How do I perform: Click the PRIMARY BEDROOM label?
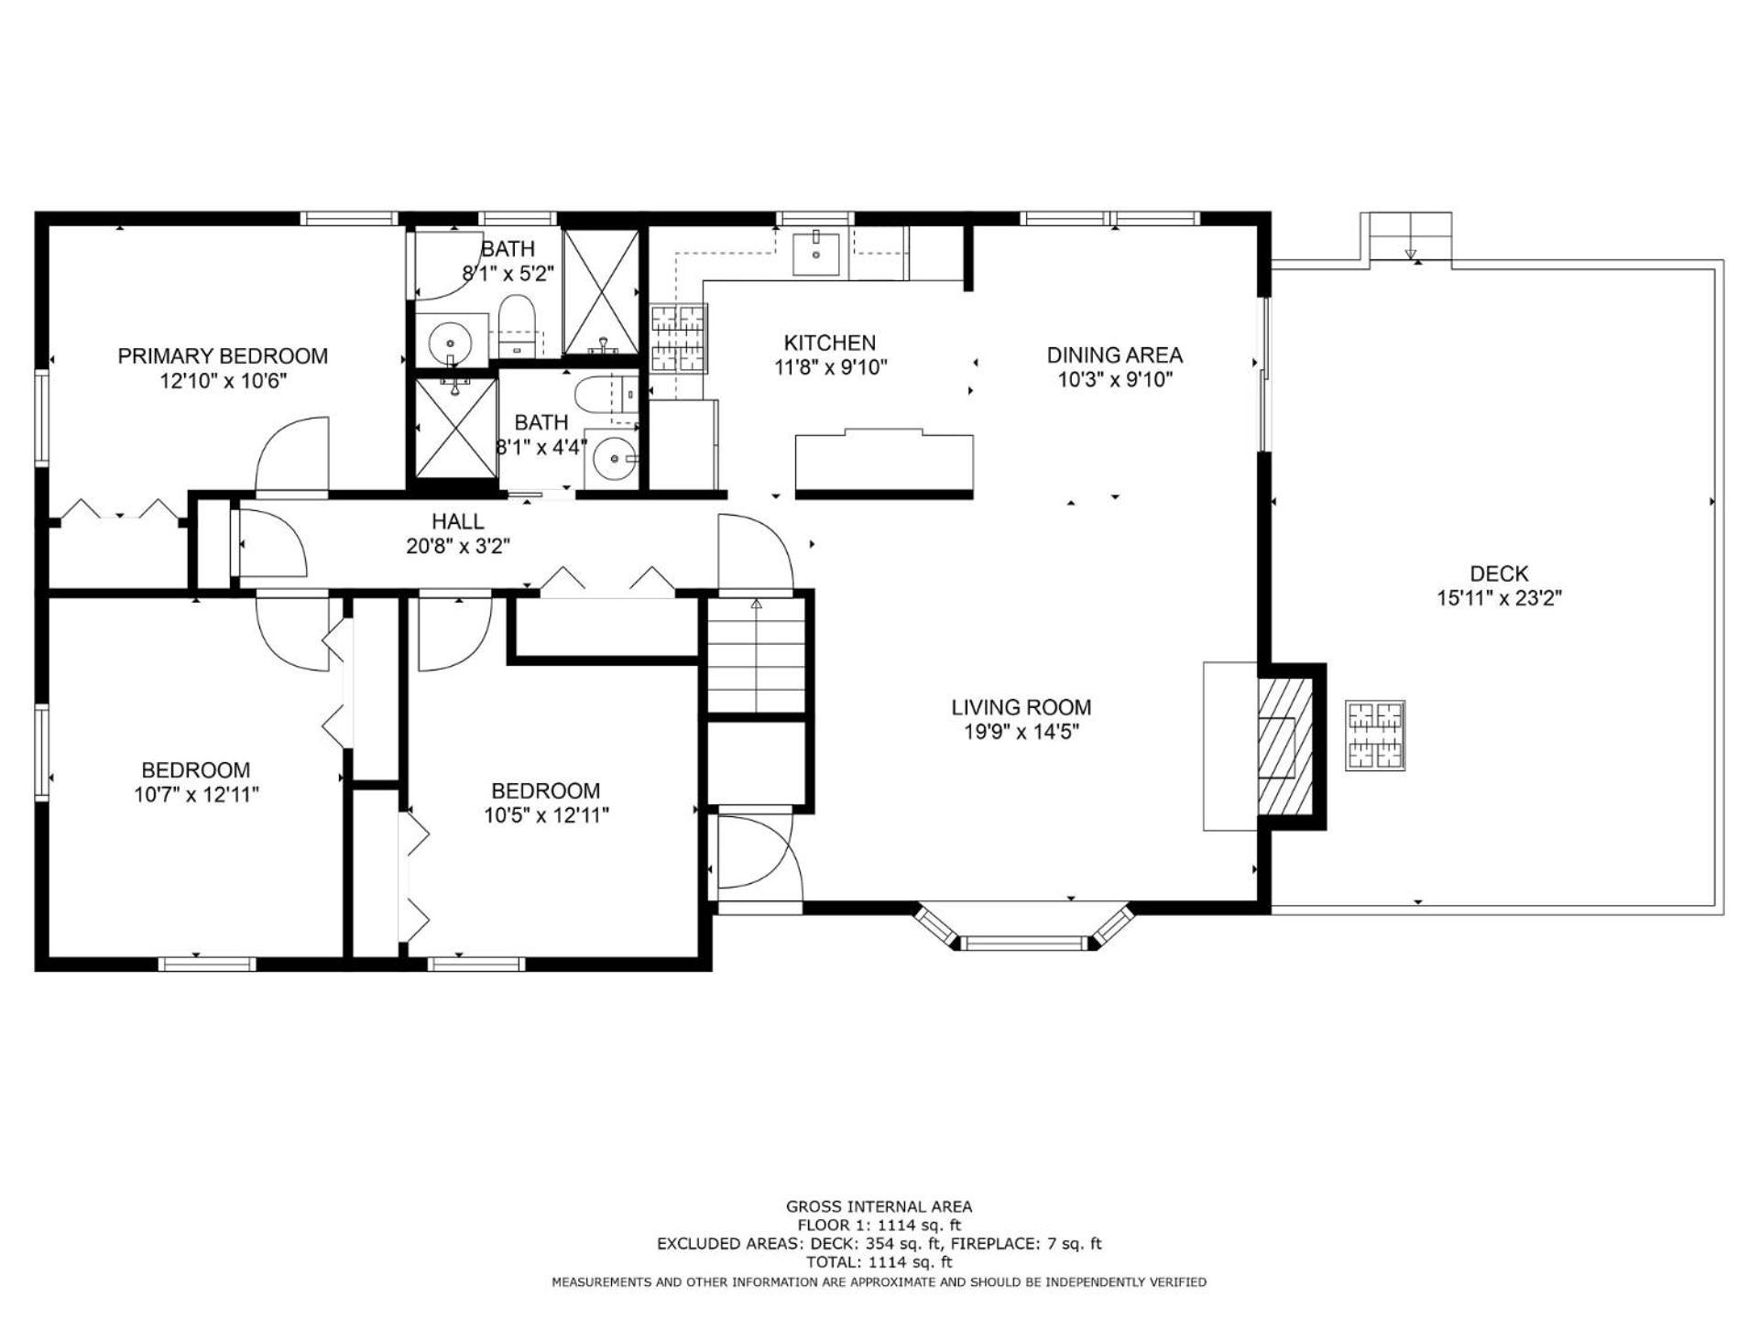pyautogui.click(x=223, y=355)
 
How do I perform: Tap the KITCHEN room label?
pyautogui.click(x=830, y=343)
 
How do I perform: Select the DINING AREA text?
pyautogui.click(x=1115, y=354)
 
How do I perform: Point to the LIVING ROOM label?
pyautogui.click(x=1022, y=707)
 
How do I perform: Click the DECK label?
pyautogui.click(x=1499, y=573)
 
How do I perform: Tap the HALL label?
pyautogui.click(x=458, y=521)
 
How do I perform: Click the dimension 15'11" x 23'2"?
pyautogui.click(x=1499, y=598)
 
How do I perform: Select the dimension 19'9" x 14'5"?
pyautogui.click(x=1022, y=732)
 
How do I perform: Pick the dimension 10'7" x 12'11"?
pyautogui.click(x=196, y=794)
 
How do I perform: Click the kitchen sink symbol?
pyautogui.click(x=816, y=254)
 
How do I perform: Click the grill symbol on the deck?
pyautogui.click(x=1375, y=736)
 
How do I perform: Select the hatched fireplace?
pyautogui.click(x=1285, y=747)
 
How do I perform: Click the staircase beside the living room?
pyautogui.click(x=757, y=655)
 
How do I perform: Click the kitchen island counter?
pyautogui.click(x=884, y=463)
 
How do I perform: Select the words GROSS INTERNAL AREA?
pyautogui.click(x=879, y=1207)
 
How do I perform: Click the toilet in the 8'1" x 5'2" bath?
pyautogui.click(x=518, y=326)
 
